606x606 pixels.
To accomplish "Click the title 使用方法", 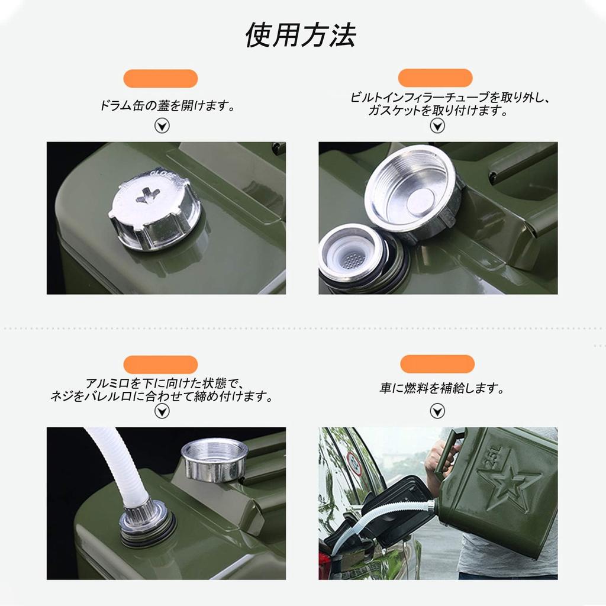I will [301, 36].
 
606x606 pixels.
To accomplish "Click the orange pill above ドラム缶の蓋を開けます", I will [160, 78].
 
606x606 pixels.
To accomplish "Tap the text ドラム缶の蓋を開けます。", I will [167, 107].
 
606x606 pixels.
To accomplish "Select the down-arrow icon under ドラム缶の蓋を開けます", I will [162, 125].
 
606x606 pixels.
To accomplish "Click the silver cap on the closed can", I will [155, 210].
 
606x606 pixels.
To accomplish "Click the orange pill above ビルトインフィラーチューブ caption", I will [435, 78].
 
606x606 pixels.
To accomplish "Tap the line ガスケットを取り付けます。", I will [438, 111].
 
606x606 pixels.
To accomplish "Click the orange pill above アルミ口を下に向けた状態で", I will [160, 365].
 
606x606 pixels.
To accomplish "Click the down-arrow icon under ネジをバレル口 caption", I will [162, 411].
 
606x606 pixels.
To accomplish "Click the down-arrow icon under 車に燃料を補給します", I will [437, 411].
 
